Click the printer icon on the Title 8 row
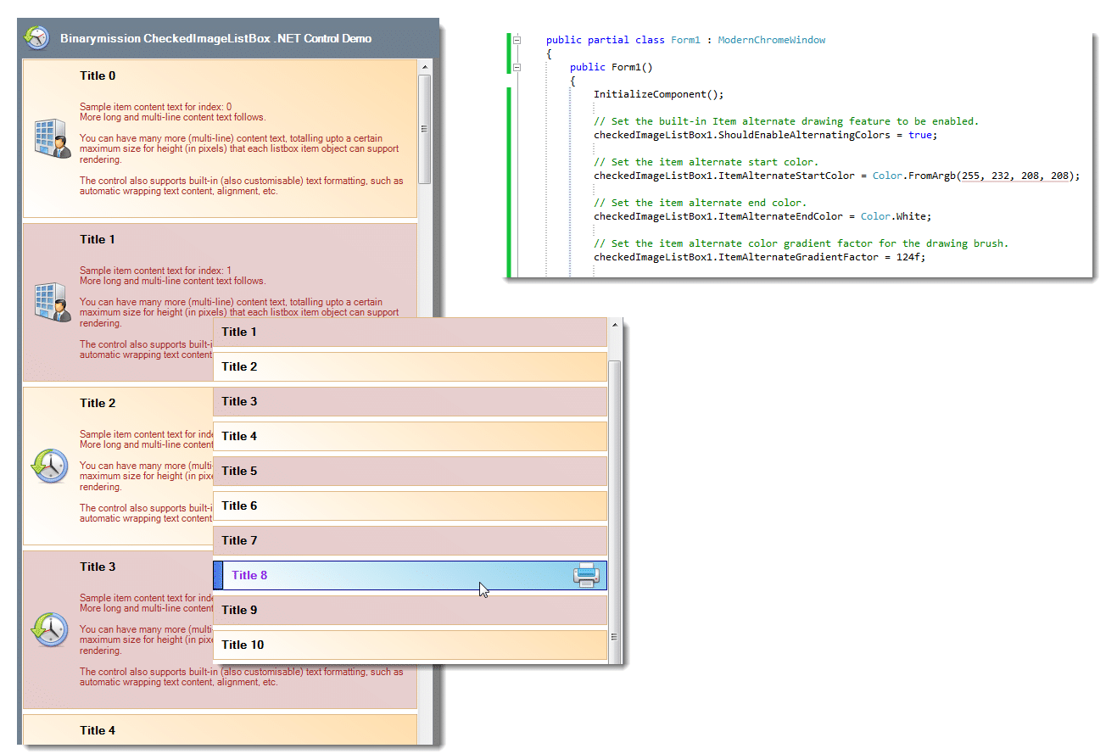click(x=586, y=575)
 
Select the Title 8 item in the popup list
click(x=410, y=576)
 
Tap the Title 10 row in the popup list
click(x=410, y=645)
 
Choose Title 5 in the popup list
click(x=410, y=472)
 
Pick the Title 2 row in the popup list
click(x=410, y=366)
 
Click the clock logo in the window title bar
click(x=37, y=38)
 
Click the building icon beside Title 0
click(x=53, y=138)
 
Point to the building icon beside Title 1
click(x=53, y=302)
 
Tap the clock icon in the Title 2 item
click(x=50, y=466)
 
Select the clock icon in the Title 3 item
click(x=50, y=629)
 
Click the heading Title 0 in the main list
click(x=98, y=75)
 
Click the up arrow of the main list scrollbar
click(x=425, y=67)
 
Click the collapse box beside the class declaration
click(x=517, y=40)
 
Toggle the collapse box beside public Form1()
click(x=517, y=67)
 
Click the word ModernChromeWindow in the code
click(x=772, y=40)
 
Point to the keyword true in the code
click(x=920, y=135)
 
